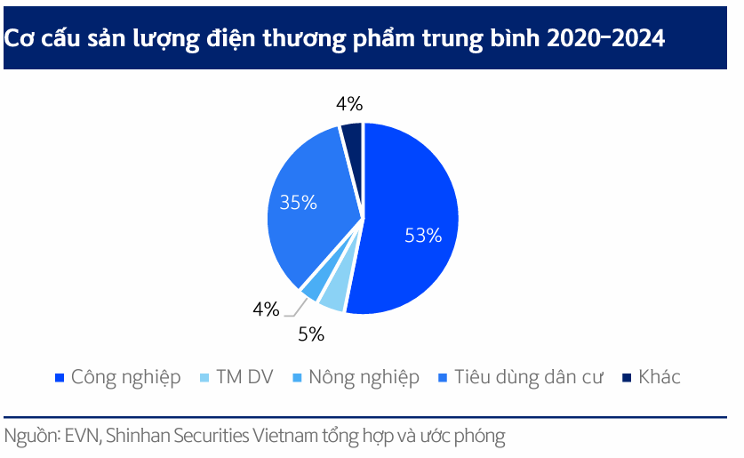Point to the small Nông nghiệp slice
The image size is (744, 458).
[312, 287]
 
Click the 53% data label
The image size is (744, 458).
[422, 236]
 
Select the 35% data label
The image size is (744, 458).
[298, 202]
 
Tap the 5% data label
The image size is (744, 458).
[310, 335]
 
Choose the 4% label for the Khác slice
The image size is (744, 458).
[348, 104]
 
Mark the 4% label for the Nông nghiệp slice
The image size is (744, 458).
[266, 309]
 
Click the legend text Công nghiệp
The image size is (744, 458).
[125, 377]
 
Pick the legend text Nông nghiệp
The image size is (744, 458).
[364, 377]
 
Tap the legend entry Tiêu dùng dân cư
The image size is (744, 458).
[528, 377]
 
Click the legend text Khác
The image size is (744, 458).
[660, 377]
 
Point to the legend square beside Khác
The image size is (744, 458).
[626, 378]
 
